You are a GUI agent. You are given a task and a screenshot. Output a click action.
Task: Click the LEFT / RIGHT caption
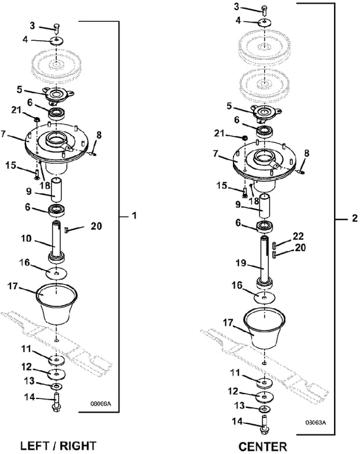coord(57,444)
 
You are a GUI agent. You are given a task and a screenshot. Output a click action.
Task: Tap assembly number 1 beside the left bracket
coord(134,217)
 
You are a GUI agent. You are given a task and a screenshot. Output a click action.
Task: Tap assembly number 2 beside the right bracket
coord(354,219)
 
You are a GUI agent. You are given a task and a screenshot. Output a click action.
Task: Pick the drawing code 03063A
coord(316,423)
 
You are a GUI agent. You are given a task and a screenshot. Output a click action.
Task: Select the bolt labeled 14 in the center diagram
coord(264,424)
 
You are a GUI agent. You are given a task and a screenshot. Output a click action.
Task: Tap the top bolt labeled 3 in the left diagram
coord(57,27)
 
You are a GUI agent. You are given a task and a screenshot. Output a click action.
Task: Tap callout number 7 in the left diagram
coord(5,135)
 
